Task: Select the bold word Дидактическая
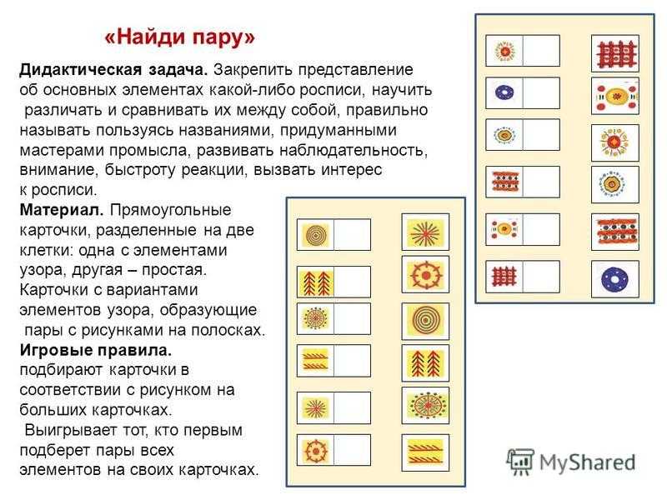pyautogui.click(x=80, y=70)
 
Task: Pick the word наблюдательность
pyautogui.click(x=353, y=151)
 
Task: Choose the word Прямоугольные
pyautogui.click(x=171, y=211)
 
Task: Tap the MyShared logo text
pyautogui.click(x=587, y=462)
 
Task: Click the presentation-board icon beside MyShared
pyautogui.click(x=520, y=461)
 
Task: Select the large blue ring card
pyautogui.click(x=614, y=279)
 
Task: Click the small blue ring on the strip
pyautogui.click(x=504, y=92)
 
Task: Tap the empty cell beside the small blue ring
pyautogui.click(x=541, y=92)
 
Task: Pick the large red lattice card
pyautogui.click(x=615, y=53)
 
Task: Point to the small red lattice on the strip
pyautogui.click(x=504, y=277)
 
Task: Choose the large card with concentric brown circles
pyautogui.click(x=425, y=321)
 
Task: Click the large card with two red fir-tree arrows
pyautogui.click(x=425, y=363)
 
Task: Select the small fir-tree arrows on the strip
pyautogui.click(x=315, y=282)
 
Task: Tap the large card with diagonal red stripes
pyautogui.click(x=425, y=452)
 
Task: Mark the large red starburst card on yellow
pyautogui.click(x=425, y=232)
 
